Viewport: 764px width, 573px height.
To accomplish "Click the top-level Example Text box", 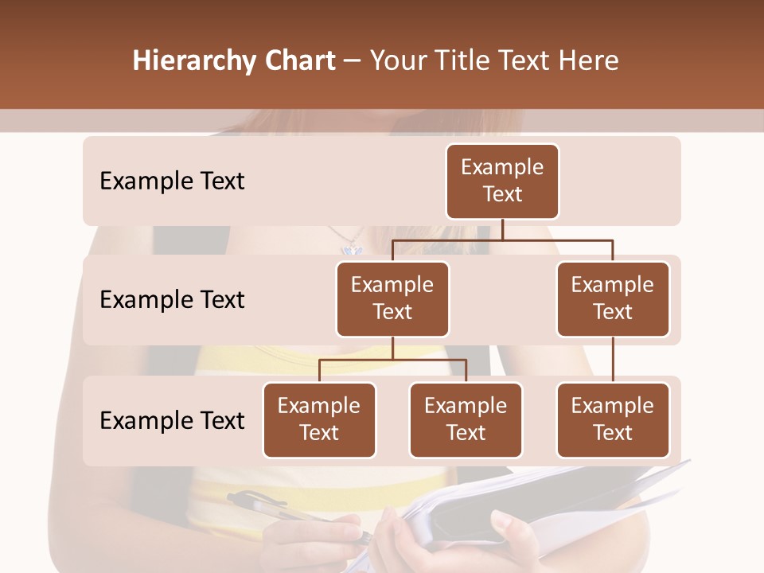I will (502, 181).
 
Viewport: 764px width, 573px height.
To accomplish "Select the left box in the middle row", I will (392, 299).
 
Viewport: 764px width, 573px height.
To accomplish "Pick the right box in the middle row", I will (613, 299).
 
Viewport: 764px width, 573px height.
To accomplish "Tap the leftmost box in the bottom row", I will (319, 420).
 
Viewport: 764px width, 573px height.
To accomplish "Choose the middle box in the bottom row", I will (466, 420).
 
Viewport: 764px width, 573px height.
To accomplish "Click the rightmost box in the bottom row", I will (613, 420).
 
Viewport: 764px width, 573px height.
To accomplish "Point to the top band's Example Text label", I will (172, 181).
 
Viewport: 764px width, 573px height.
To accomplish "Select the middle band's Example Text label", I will (172, 300).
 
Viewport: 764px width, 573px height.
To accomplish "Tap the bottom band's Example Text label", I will (172, 421).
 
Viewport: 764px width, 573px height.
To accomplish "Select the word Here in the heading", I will (589, 61).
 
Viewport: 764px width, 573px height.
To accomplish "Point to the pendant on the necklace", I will (352, 248).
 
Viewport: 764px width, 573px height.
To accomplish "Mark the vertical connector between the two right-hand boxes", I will (613, 360).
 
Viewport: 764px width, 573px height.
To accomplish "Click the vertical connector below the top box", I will (502, 229).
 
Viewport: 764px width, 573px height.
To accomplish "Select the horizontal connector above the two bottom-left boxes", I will (392, 360).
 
